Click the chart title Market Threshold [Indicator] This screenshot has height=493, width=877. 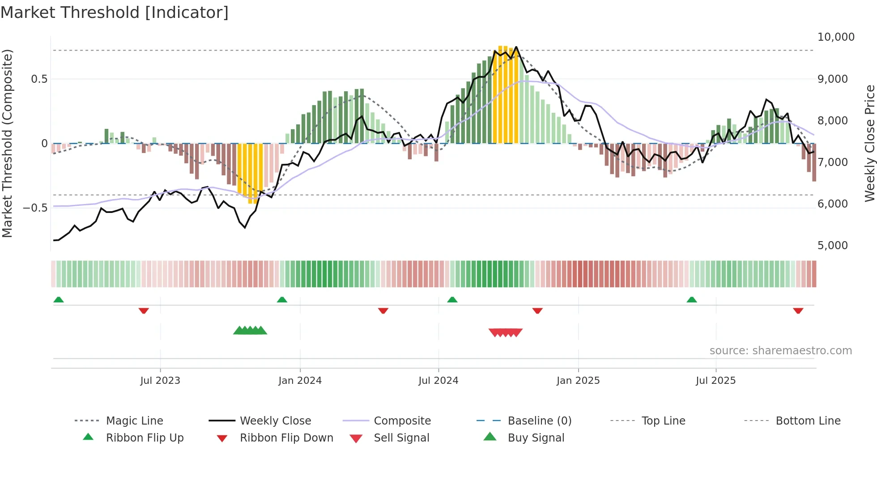tap(115, 13)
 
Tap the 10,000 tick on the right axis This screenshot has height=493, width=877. tap(835, 37)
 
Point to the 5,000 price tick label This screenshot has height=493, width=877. tap(832, 246)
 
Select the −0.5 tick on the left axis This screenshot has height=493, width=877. tap(35, 208)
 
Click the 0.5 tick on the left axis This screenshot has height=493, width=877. tap(39, 79)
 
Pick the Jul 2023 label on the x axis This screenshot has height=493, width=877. tap(160, 381)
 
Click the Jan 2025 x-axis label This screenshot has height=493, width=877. tap(578, 381)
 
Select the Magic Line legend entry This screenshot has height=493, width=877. tap(134, 421)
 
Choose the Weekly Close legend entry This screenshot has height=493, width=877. tap(275, 421)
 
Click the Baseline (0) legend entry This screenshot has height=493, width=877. tap(539, 421)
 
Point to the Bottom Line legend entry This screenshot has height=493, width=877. tap(808, 421)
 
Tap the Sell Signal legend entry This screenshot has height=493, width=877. tap(401, 438)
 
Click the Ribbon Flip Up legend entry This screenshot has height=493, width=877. tap(145, 438)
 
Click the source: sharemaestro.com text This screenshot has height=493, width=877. tap(780, 351)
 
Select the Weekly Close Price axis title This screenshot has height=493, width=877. tap(869, 143)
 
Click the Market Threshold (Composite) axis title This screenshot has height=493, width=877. tap(7, 143)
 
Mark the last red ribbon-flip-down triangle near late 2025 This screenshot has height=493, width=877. tap(798, 310)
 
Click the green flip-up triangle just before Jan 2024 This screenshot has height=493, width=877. tap(282, 300)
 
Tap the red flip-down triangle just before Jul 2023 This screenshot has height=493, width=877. tap(144, 310)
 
